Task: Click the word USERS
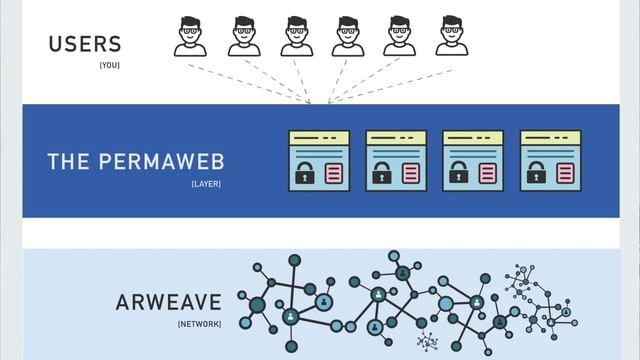85,44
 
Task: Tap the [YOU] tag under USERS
109,65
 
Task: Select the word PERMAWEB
174,162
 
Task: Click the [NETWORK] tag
199,325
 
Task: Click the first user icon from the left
190,36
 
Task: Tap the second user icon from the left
243,36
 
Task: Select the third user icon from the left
296,36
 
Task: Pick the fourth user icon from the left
348,36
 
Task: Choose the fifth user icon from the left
400,36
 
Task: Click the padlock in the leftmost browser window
304,173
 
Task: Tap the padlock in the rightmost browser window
536,173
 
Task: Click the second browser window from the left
396,160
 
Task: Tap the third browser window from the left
473,160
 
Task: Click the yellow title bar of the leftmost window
319,138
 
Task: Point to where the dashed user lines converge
311,102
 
